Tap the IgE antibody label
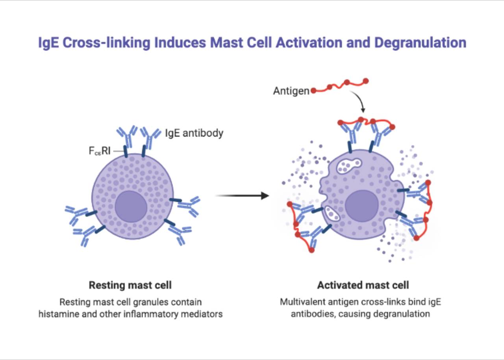pyautogui.click(x=194, y=133)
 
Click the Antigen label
pyautogui.click(x=291, y=91)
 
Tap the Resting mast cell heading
pyautogui.click(x=130, y=285)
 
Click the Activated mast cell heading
pyautogui.click(x=363, y=285)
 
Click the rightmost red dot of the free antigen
pyautogui.click(x=365, y=81)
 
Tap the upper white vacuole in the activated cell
pyautogui.click(x=348, y=166)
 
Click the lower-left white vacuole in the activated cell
pyautogui.click(x=332, y=214)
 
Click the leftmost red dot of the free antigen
pyautogui.click(x=313, y=90)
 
